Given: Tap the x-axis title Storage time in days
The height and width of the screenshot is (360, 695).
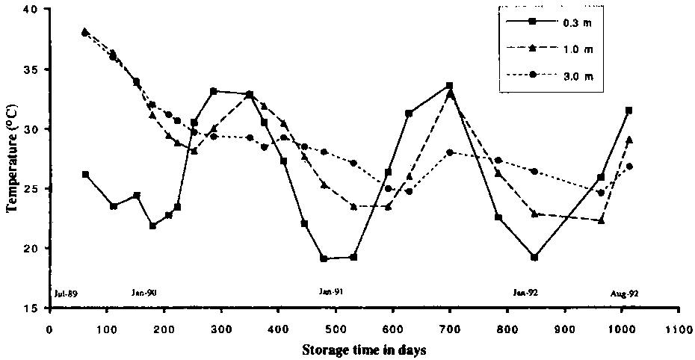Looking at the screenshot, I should point(364,349).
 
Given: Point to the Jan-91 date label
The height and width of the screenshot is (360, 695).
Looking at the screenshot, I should point(332,293).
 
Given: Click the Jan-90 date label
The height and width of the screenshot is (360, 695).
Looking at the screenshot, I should point(143,294).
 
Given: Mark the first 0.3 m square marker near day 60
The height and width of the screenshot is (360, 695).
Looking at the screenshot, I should point(86,174).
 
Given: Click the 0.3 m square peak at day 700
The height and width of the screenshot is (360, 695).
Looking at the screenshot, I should point(449,86).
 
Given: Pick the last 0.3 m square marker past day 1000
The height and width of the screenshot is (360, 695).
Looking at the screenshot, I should point(629,111).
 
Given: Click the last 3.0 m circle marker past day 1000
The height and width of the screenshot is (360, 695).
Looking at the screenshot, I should point(629,166).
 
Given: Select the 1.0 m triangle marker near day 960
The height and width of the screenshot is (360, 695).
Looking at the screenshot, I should point(601,220).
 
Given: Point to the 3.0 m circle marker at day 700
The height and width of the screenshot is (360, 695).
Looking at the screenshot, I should point(449,152).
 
